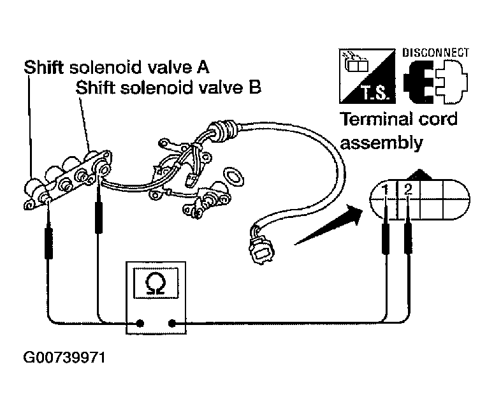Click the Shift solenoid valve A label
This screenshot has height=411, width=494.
pyautogui.click(x=117, y=67)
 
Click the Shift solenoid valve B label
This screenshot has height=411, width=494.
pyautogui.click(x=168, y=87)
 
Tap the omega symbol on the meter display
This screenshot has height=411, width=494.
pyautogui.click(x=156, y=283)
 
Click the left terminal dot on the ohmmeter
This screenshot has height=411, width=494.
pyautogui.click(x=140, y=323)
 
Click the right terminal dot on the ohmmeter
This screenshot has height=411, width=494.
pyautogui.click(x=172, y=323)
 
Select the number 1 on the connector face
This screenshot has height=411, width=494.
pyautogui.click(x=385, y=190)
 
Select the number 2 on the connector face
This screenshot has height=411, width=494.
pyautogui.click(x=408, y=189)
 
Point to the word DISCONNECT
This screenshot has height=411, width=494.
pyautogui.click(x=436, y=52)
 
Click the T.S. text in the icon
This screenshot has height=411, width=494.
pyautogui.click(x=377, y=93)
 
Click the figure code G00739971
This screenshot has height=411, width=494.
pyautogui.click(x=64, y=357)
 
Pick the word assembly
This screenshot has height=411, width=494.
pyautogui.click(x=381, y=143)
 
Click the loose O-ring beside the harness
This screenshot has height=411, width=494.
pyautogui.click(x=233, y=177)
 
